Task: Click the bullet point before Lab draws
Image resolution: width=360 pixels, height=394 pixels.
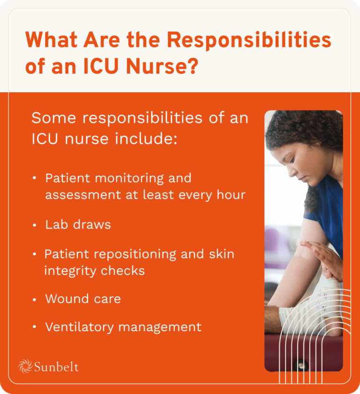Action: [35, 225]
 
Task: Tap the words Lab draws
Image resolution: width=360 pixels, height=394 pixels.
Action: [78, 225]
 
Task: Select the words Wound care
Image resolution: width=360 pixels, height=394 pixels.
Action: [82, 299]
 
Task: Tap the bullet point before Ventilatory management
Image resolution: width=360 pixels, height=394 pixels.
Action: [35, 327]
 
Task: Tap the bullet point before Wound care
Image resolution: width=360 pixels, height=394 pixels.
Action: [35, 299]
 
